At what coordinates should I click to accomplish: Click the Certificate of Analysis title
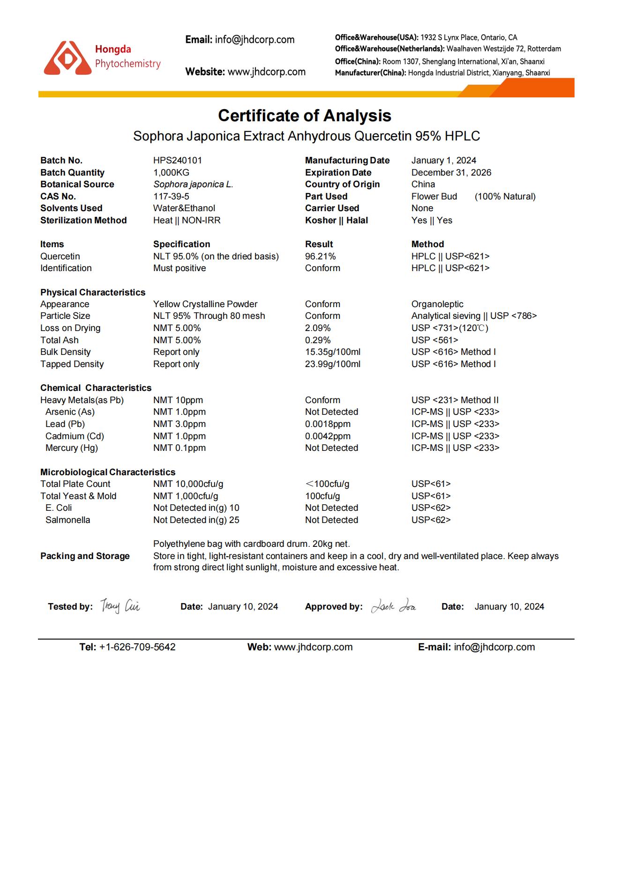305,116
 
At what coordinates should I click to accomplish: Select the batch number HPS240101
177,160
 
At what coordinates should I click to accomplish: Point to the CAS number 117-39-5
171,196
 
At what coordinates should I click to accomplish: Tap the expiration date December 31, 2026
451,172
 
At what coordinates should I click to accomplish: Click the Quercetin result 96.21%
320,256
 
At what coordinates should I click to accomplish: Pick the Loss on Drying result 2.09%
318,328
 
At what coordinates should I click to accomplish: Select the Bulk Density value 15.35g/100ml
332,352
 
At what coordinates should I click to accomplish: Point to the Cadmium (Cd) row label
75,436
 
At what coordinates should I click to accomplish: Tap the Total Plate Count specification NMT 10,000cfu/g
188,484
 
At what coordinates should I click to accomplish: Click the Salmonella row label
67,520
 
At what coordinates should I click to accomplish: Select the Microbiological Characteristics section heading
108,472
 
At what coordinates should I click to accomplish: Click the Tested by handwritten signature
120,606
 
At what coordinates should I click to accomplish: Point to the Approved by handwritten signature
394,606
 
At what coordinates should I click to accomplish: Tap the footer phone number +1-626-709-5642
137,647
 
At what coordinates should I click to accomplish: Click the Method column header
427,244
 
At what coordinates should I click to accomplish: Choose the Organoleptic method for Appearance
437,304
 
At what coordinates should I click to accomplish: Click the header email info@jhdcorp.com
254,40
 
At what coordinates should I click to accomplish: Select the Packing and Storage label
85,556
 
